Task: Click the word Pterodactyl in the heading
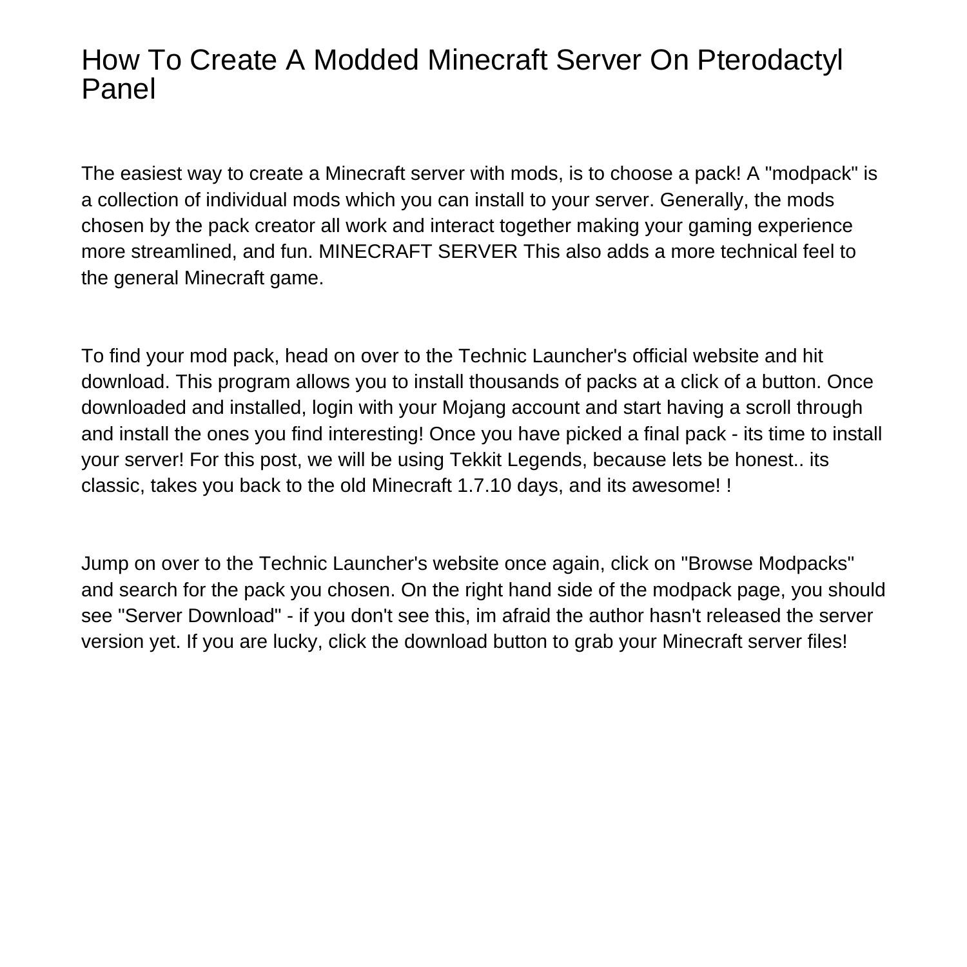pyautogui.click(x=770, y=61)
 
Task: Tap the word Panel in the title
pyautogui.click(x=119, y=89)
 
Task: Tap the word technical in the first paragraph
pyautogui.click(x=758, y=252)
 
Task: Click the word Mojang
pyautogui.click(x=468, y=408)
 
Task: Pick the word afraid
pyautogui.click(x=526, y=616)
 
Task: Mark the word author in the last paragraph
pyautogui.click(x=614, y=616)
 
